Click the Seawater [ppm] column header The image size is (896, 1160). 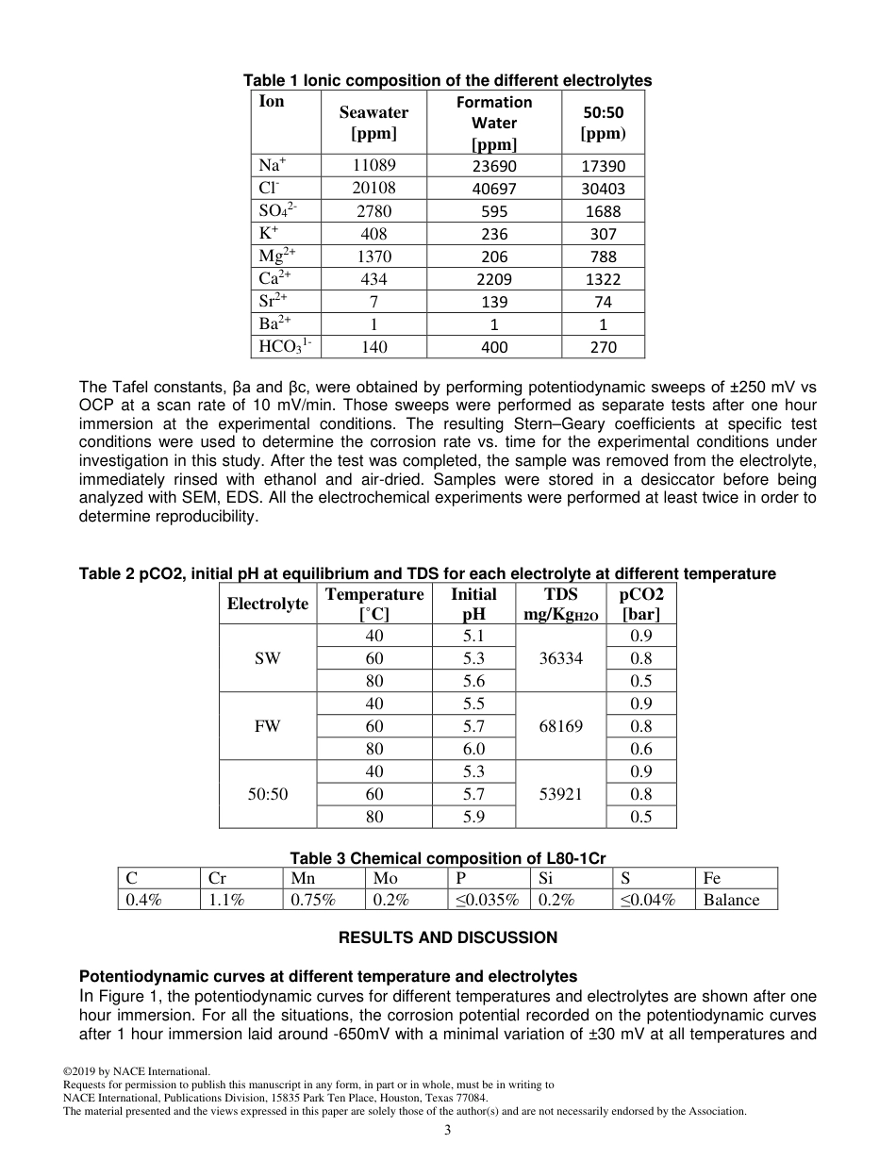373,123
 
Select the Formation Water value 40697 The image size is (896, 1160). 494,189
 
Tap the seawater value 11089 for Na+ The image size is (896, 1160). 373,165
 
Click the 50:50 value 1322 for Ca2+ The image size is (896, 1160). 603,279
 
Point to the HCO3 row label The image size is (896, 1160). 285,346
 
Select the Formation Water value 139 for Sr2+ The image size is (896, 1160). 494,302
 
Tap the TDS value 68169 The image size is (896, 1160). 560,726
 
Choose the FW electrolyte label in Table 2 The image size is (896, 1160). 267,726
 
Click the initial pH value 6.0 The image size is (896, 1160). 473,749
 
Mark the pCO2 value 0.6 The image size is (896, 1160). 640,749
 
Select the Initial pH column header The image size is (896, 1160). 473,604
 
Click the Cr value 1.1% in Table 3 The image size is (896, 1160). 226,900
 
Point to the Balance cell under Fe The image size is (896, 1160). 731,900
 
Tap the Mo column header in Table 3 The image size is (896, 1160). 385,878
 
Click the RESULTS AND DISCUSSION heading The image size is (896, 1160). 448,937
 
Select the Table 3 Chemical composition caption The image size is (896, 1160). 447,858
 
